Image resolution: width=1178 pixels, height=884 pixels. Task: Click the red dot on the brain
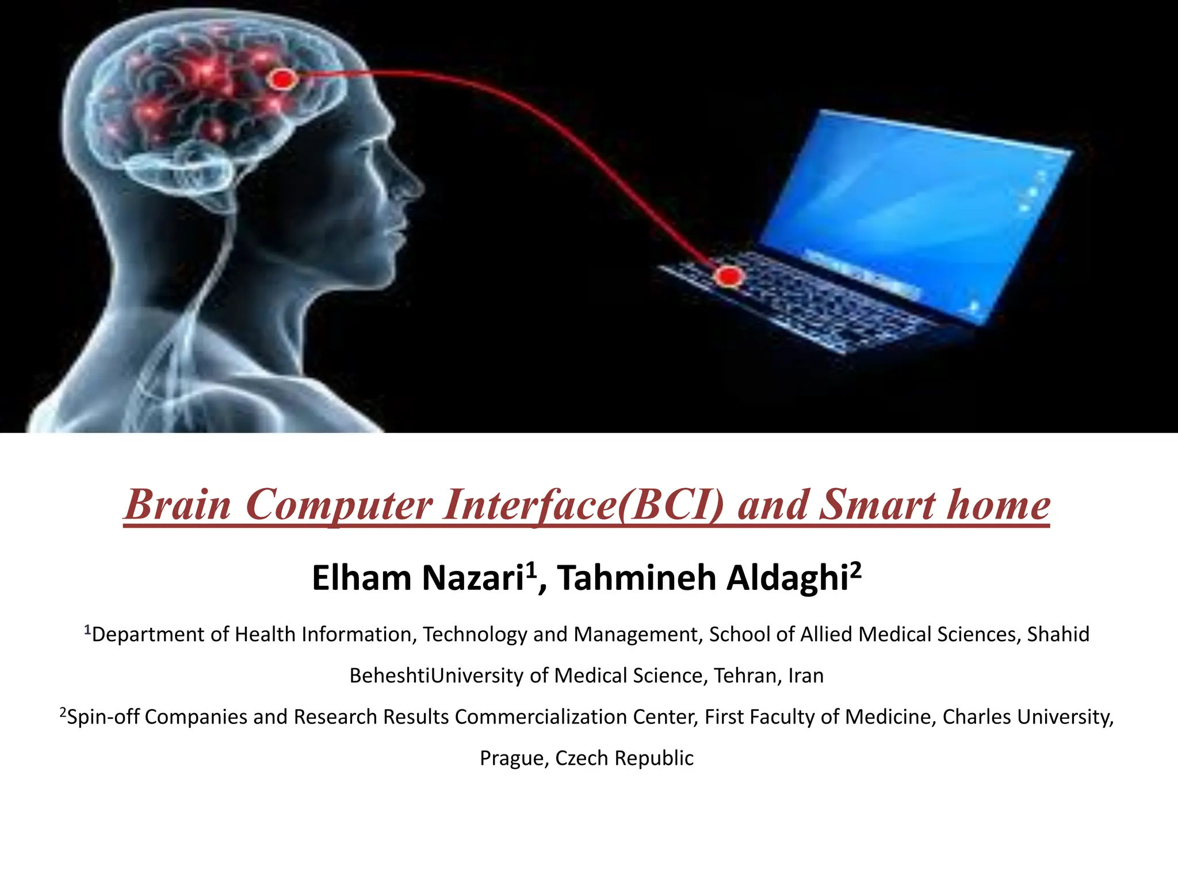point(282,79)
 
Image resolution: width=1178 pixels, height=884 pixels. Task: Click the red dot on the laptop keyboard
point(729,277)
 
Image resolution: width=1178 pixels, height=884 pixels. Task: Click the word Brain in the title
point(178,505)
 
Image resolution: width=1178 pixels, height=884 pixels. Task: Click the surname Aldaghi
point(787,578)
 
